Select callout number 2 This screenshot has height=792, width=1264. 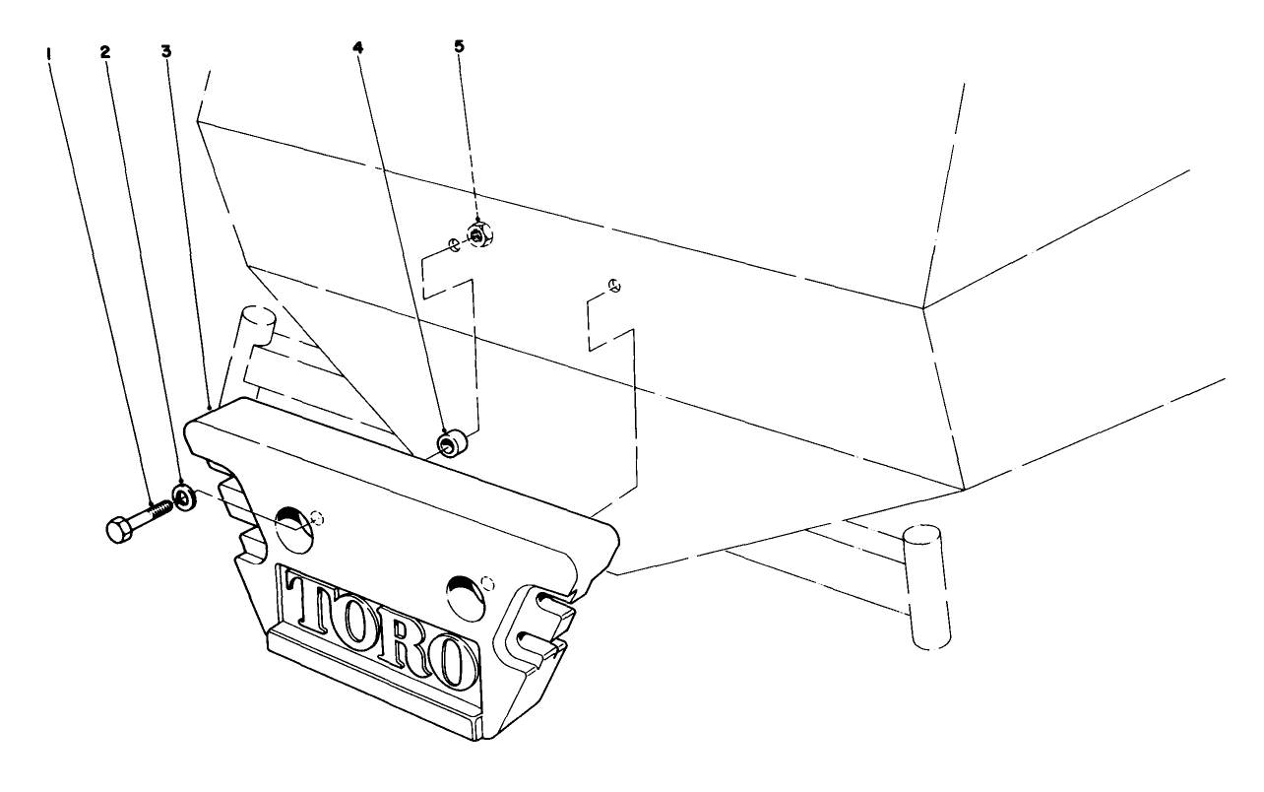104,52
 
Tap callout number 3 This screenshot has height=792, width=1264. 166,50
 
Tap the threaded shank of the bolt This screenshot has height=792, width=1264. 158,510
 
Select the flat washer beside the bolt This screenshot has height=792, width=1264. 184,495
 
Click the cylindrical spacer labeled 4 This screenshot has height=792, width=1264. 453,442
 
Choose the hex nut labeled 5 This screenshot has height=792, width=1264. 478,235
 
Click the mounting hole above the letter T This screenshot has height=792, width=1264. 294,525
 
